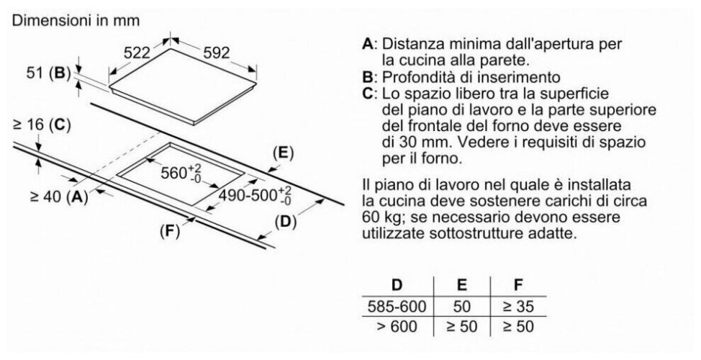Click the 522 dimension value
136,53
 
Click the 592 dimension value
217,53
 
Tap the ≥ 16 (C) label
42,125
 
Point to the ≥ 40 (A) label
59,197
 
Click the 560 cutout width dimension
181,173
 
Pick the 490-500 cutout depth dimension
254,195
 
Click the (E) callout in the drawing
283,153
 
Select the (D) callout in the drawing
285,222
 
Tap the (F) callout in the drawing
169,231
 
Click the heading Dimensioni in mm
76,21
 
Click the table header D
397,285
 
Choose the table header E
462,285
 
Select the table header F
519,285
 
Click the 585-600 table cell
397,307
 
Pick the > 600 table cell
397,326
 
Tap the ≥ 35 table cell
519,307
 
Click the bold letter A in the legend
368,44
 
